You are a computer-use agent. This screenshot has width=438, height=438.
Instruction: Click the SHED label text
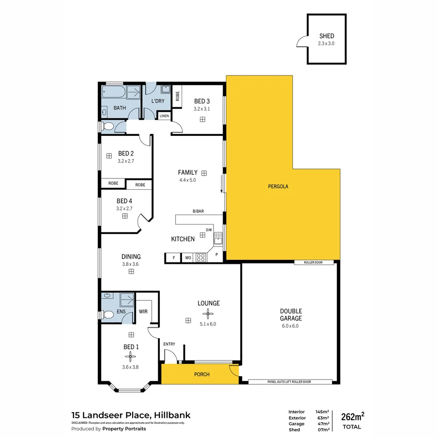pos(326,36)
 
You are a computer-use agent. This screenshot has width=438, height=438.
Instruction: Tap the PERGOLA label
pos(278,187)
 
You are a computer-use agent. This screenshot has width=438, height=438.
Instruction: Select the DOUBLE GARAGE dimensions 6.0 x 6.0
pos(290,326)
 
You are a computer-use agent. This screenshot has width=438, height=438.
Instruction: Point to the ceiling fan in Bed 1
pos(131,357)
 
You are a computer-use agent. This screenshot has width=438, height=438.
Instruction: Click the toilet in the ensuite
pos(108,314)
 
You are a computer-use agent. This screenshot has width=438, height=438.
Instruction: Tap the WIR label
pos(143,311)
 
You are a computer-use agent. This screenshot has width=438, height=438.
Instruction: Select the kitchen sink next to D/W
pos(218,238)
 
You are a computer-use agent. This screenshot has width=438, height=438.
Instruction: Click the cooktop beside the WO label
pos(200,258)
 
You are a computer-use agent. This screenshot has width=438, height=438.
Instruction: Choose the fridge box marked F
pos(174,258)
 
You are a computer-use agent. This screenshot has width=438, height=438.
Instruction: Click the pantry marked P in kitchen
pos(217,255)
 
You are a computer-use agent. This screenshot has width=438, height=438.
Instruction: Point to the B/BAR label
pos(198,211)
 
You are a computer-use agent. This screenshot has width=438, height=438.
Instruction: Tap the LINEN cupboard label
pos(164,116)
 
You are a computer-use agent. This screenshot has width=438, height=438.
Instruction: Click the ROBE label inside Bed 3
pos(177,96)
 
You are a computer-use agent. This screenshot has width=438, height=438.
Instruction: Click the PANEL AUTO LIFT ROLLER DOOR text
pos(290,382)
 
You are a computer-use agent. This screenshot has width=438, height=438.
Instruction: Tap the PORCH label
pos(202,374)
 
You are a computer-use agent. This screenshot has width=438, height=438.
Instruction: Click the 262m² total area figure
pos(352,417)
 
